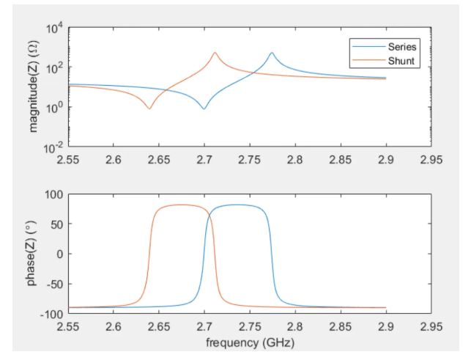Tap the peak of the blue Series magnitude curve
tap(272, 53)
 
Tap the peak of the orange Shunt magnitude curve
tap(215, 53)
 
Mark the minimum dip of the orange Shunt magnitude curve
tap(149, 109)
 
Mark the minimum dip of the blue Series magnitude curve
tap(204, 109)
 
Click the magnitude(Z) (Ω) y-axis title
tap(34, 88)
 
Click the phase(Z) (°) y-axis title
tap(34, 254)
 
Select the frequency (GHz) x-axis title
tap(249, 342)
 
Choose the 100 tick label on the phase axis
tap(53, 195)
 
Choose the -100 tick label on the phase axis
tap(51, 314)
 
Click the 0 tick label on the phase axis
tap(59, 254)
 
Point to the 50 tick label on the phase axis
tap(56, 224)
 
